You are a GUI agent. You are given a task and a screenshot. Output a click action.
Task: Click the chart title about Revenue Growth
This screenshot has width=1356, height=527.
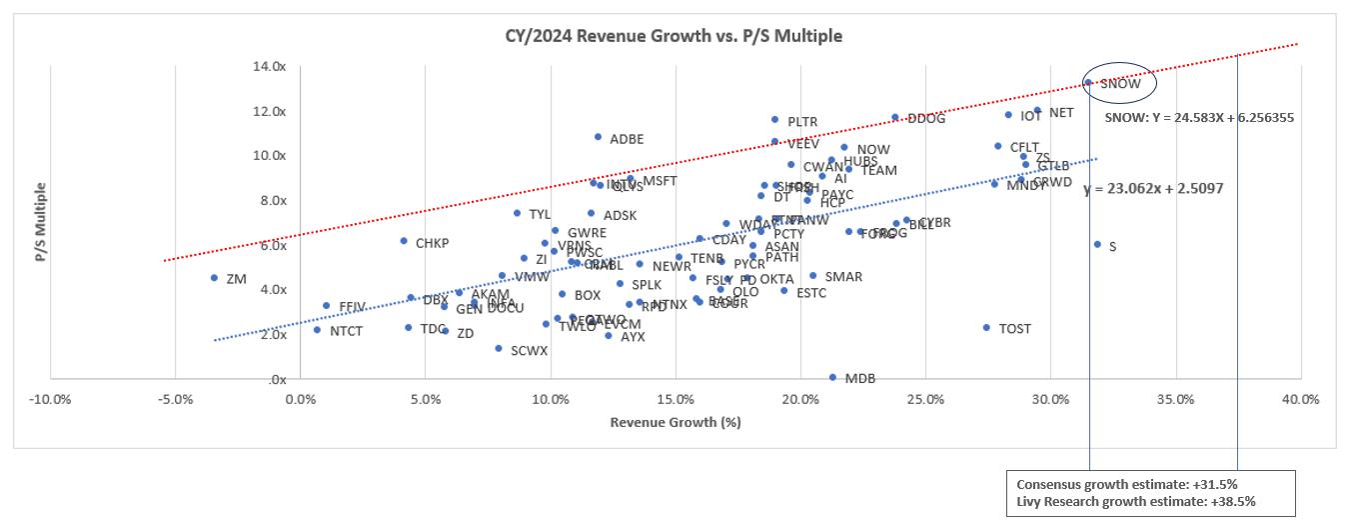(674, 36)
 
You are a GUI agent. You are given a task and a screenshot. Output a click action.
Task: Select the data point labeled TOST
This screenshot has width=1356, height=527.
(986, 327)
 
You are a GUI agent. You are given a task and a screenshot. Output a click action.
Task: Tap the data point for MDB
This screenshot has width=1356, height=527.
(832, 377)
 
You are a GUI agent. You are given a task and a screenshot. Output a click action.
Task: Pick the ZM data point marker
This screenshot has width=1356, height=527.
(214, 278)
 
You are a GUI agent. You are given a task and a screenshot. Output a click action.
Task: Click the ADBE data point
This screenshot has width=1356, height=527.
(598, 137)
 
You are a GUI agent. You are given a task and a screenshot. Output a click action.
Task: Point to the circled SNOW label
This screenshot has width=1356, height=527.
(1119, 84)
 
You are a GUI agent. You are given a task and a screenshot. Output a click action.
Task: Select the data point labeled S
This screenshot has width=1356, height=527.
(1097, 244)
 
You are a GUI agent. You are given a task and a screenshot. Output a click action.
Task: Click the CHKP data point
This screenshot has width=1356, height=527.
(404, 241)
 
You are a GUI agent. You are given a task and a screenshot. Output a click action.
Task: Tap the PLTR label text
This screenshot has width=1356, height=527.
(802, 122)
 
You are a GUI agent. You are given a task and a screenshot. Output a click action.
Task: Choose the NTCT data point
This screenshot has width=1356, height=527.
(318, 329)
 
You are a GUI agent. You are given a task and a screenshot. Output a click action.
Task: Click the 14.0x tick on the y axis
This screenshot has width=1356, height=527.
(270, 66)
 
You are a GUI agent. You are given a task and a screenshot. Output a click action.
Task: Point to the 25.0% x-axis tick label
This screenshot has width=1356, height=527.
(925, 400)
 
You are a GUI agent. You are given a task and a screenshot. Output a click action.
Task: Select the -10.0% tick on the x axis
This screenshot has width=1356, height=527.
(50, 400)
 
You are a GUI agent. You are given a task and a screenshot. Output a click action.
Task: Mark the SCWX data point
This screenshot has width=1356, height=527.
(498, 348)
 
